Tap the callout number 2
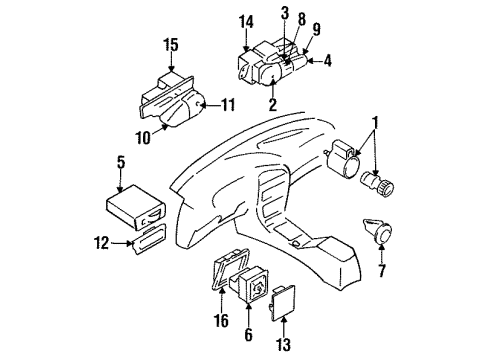pos(272,103)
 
